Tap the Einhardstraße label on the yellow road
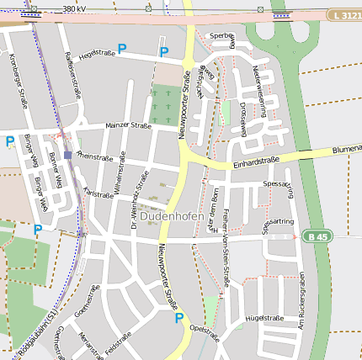(x=256, y=161)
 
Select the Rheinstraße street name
(x=94, y=156)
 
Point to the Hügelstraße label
(x=264, y=318)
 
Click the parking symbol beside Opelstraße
(x=178, y=318)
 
